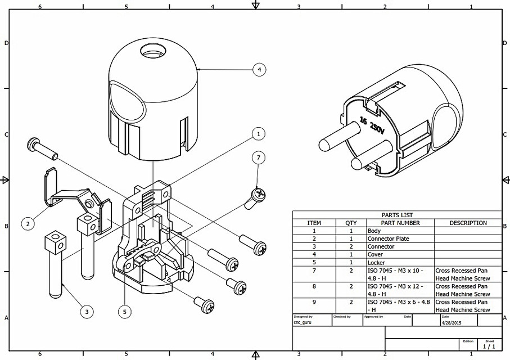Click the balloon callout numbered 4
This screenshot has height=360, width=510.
(259, 70)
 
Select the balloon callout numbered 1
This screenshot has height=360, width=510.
(258, 134)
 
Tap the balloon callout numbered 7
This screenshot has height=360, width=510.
(258, 158)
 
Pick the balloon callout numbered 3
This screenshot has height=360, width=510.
(86, 310)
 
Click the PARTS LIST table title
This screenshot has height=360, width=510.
(397, 215)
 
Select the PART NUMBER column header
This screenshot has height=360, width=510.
(400, 223)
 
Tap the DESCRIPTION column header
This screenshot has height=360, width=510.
(468, 223)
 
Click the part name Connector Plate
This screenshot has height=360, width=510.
(388, 238)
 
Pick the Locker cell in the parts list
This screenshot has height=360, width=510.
(376, 262)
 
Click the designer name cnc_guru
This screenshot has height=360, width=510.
(303, 323)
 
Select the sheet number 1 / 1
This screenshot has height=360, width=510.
(489, 346)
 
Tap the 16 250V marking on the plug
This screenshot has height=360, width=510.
(372, 125)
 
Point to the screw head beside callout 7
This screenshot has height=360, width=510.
(258, 195)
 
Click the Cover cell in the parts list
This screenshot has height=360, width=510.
(375, 254)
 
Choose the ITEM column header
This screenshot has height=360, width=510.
(314, 223)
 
